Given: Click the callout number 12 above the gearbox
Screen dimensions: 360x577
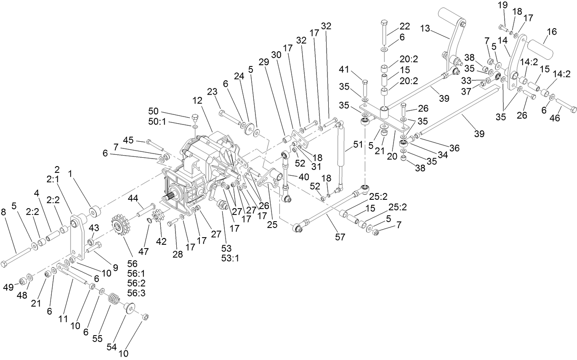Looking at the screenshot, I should (197, 101).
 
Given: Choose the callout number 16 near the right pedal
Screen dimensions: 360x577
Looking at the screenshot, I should (551, 32).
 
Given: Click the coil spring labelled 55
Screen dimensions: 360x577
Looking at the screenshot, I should (112, 300).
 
